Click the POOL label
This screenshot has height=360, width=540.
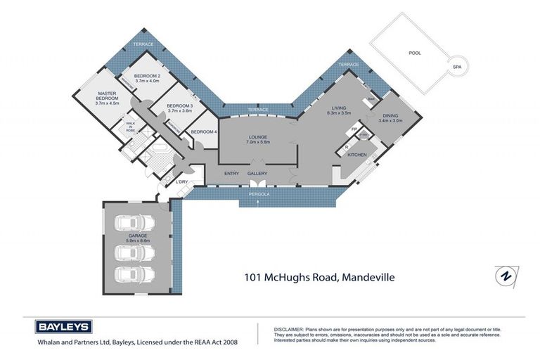pos(416,53)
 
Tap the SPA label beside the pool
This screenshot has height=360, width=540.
pos(456,67)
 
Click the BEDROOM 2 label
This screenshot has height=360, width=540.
pos(148,76)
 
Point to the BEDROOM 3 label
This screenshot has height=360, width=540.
pos(179,107)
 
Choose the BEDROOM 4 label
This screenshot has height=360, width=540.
pos(204,132)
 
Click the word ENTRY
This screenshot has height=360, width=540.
pos(231,174)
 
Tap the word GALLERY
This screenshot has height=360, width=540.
pos(258,174)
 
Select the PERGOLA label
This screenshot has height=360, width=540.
pos(259,192)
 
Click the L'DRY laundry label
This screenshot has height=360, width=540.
pos(181,183)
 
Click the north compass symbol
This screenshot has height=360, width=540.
pos(503,275)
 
